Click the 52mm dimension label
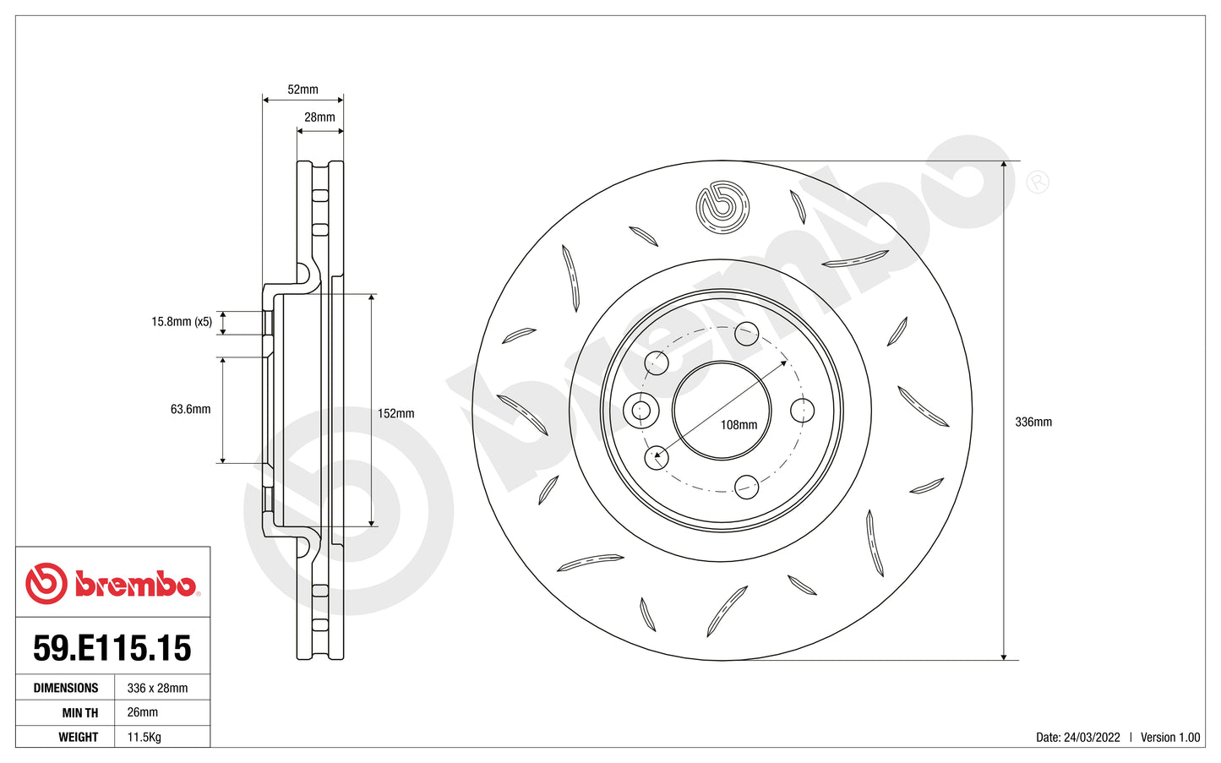[x=303, y=90]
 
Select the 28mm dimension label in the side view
[x=319, y=117]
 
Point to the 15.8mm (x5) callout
[x=182, y=322]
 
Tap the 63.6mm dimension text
[x=190, y=409]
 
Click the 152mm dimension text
[x=395, y=414]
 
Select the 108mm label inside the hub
[x=739, y=425]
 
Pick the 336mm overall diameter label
[x=1033, y=422]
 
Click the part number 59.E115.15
[x=112, y=648]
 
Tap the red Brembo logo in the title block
[x=112, y=584]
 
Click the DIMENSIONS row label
[x=66, y=689]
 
